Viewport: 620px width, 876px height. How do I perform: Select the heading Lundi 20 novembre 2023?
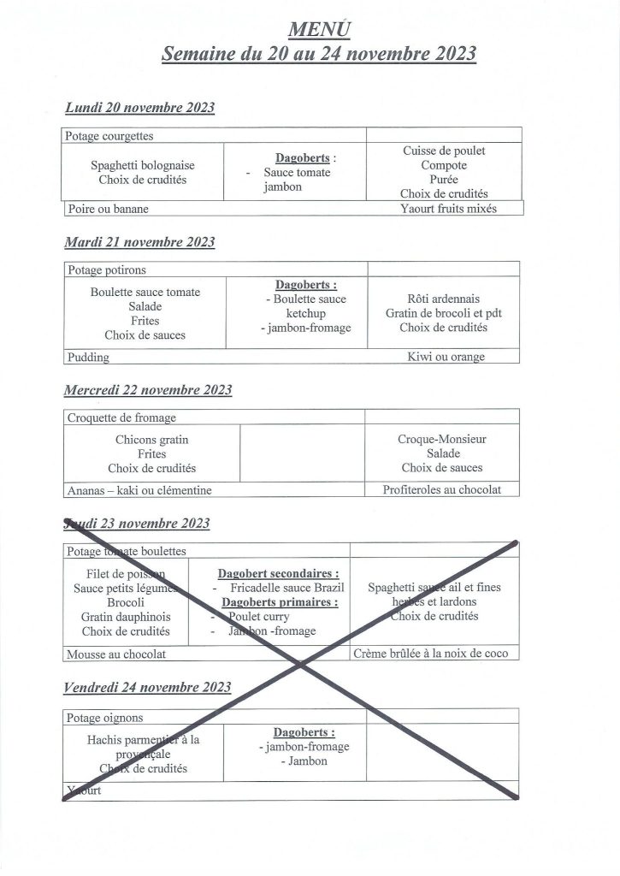139,108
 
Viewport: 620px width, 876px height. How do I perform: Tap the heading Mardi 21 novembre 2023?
139,242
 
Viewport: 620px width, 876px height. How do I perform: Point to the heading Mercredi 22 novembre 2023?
148,390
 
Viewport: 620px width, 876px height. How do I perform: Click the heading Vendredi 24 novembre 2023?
147,687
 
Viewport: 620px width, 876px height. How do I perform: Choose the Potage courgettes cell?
109,135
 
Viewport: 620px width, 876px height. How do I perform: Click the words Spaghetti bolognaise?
142,166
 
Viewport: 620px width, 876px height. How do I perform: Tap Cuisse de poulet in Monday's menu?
444,151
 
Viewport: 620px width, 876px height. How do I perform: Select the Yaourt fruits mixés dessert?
449,208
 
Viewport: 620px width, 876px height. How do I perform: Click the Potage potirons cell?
107,269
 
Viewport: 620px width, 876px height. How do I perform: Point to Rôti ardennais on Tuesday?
443,299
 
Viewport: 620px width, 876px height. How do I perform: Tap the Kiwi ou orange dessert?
446,356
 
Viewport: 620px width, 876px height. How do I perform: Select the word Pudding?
88,357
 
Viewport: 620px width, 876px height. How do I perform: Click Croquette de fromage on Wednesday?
121,417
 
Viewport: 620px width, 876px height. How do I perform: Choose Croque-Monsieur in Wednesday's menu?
441,439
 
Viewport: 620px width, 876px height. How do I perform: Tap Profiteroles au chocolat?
442,490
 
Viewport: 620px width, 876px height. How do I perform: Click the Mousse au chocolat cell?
115,654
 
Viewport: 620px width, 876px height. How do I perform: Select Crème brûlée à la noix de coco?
430,654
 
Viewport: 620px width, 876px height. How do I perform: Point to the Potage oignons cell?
105,718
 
